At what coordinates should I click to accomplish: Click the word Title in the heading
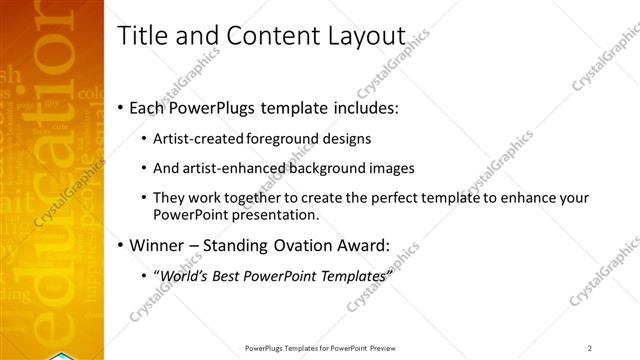141,36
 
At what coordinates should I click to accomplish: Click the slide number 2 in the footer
590,347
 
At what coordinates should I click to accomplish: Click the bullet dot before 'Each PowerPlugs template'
122,107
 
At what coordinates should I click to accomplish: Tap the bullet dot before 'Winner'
122,244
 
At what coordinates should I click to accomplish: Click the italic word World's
185,275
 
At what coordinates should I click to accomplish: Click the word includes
362,107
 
